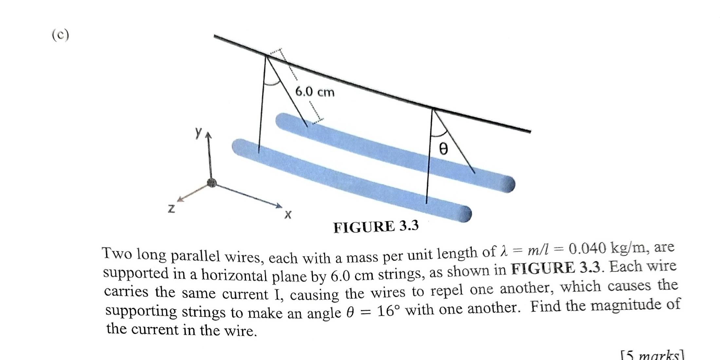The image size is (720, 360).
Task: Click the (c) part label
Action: point(61,35)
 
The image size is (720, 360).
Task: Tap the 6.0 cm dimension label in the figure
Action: point(315,92)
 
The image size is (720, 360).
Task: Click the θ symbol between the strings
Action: point(443,149)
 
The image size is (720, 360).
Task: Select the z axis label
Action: point(171,208)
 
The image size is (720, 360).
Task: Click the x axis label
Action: point(288,215)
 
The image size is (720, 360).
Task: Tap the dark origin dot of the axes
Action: point(212,183)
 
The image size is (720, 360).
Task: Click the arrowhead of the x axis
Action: point(279,206)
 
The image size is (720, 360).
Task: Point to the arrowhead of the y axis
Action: point(208,135)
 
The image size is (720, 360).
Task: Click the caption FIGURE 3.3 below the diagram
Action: point(376,226)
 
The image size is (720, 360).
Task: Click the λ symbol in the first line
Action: point(504,252)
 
